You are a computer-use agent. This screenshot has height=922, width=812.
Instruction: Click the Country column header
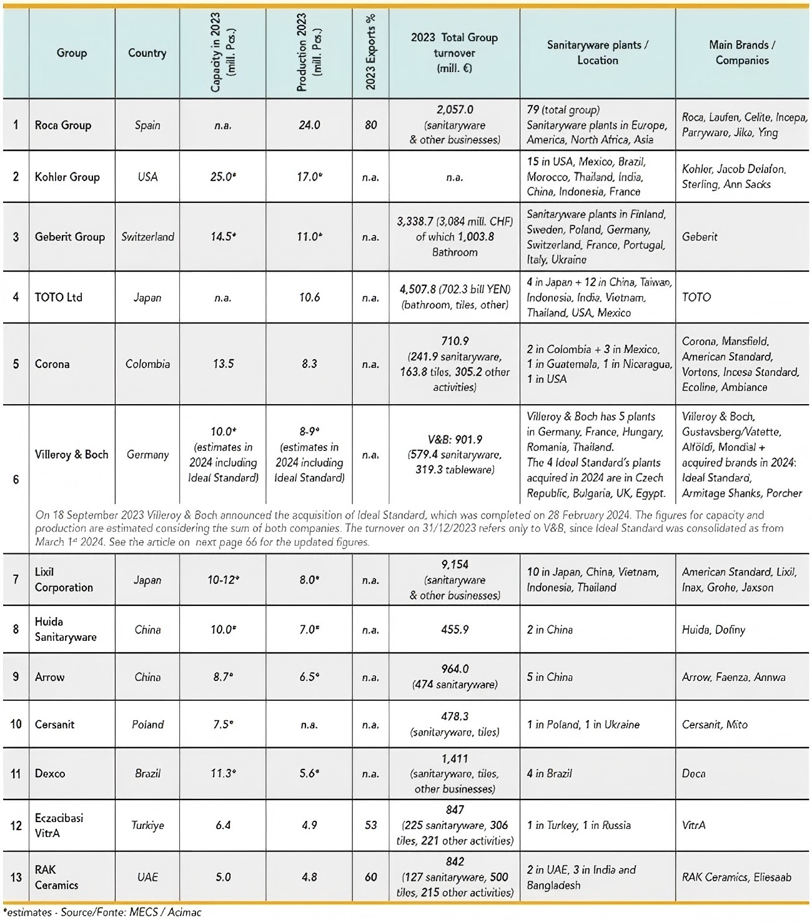147,53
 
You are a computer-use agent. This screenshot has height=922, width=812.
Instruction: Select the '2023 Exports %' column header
370,53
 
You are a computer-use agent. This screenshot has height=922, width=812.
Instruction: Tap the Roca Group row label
62,125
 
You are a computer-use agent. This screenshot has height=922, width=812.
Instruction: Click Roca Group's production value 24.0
309,125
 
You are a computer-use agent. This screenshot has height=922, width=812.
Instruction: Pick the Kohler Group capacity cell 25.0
223,177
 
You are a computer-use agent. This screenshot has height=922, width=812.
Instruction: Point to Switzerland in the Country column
147,237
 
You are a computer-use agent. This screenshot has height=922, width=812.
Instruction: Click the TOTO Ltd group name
58,297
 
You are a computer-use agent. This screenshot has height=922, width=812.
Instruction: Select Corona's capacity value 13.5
223,364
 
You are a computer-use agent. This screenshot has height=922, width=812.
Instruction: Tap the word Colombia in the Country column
147,364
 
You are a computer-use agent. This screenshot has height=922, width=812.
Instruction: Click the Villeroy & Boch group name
71,454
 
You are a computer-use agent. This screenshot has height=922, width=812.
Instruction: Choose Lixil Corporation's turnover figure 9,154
455,565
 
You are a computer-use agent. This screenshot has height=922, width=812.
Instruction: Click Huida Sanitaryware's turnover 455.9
455,630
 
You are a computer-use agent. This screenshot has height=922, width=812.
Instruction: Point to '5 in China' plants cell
550,677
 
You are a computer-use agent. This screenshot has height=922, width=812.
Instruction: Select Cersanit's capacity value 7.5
223,725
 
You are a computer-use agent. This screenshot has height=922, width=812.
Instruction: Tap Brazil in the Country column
147,773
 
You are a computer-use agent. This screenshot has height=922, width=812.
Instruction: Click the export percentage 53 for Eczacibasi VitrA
370,825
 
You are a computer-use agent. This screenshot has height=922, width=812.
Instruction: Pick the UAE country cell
147,877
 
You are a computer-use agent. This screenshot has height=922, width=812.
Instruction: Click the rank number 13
16,877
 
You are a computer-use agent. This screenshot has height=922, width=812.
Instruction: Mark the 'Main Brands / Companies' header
742,53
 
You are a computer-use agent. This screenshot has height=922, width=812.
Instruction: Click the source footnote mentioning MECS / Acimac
102,913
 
